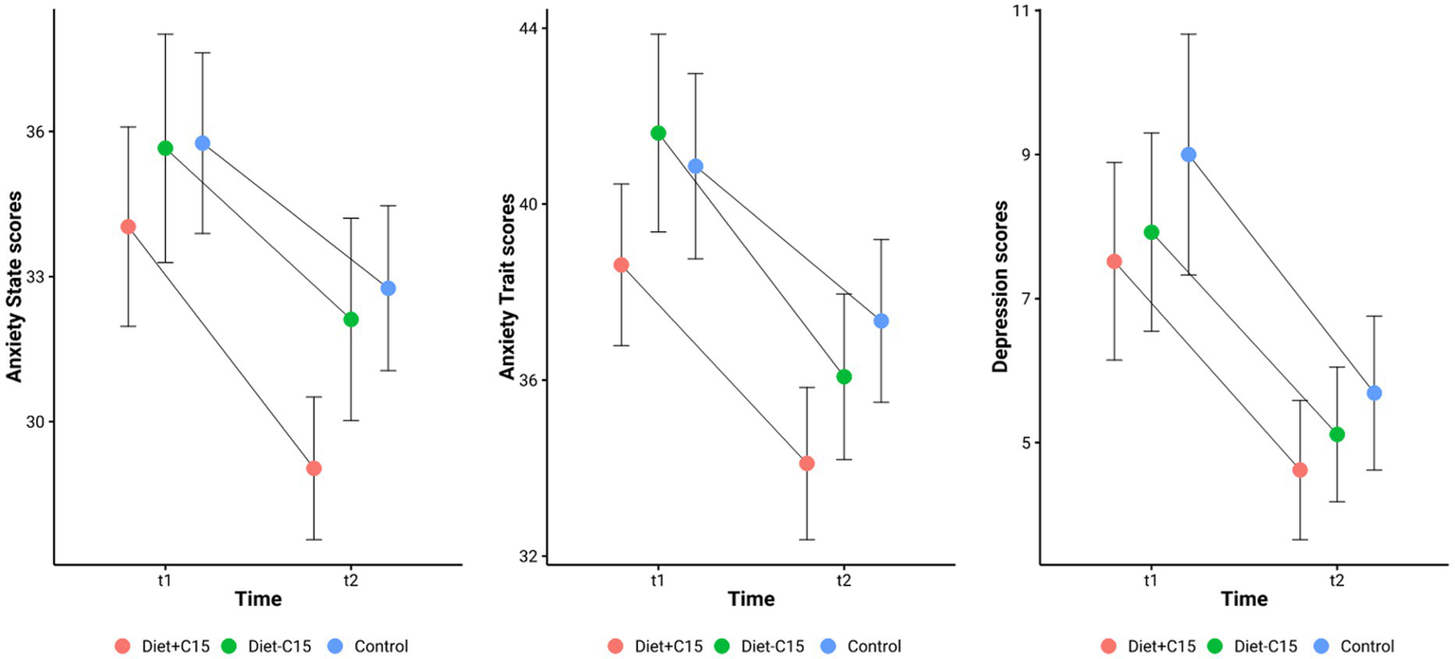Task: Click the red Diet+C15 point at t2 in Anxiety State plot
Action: tap(314, 468)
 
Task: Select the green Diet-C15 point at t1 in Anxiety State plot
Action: tap(165, 148)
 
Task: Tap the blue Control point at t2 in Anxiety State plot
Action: tap(388, 288)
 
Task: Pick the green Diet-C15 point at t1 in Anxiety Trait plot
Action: tap(658, 133)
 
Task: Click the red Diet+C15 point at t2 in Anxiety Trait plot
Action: tap(807, 464)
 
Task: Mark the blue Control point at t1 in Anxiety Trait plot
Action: tap(695, 166)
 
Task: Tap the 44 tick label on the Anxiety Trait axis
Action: tap(526, 28)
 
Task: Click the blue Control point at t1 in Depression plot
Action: tap(1188, 155)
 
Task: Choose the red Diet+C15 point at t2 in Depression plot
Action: tap(1300, 470)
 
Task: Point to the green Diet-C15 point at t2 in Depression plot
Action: tap(1337, 434)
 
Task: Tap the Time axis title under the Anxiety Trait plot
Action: tap(751, 600)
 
